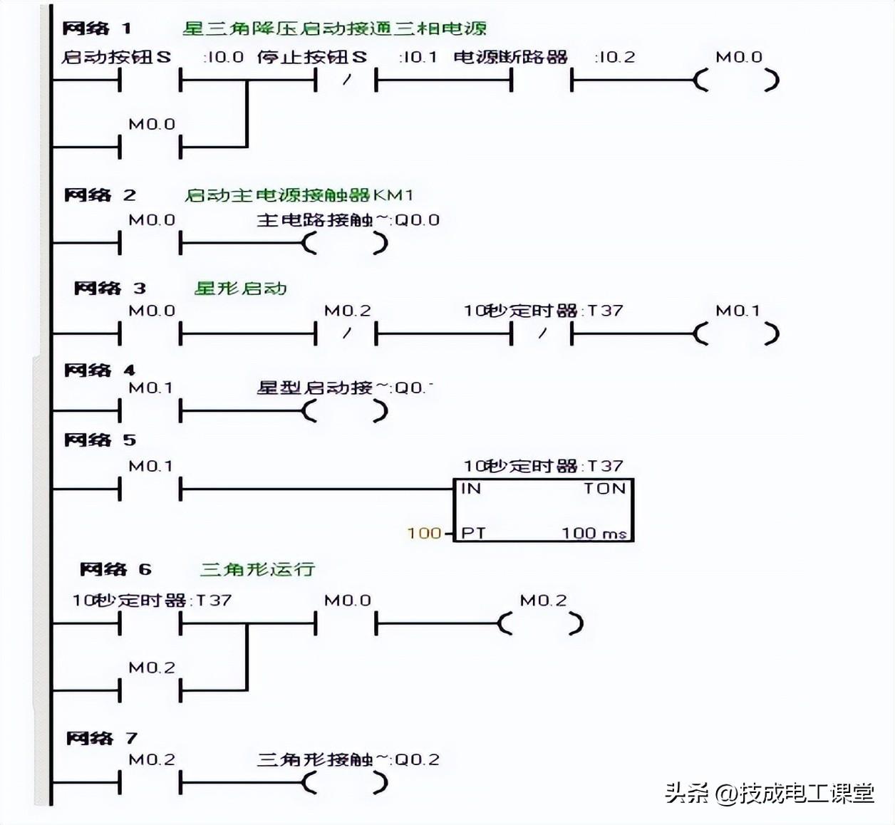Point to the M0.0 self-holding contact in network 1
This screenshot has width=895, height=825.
tap(150, 147)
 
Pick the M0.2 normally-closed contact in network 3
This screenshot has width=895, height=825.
tap(346, 333)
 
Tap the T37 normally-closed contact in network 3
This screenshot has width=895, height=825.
tap(542, 333)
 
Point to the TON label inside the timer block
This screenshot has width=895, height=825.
tap(604, 489)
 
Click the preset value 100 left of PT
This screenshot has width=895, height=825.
tap(424, 533)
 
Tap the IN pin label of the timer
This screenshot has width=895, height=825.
tap(471, 489)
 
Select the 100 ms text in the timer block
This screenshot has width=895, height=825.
tap(594, 533)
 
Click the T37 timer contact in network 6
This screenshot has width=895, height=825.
tap(150, 624)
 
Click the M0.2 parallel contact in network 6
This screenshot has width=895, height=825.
tap(150, 690)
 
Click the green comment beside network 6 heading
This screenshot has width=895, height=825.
tap(257, 569)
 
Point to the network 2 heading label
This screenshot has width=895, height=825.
tap(100, 195)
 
